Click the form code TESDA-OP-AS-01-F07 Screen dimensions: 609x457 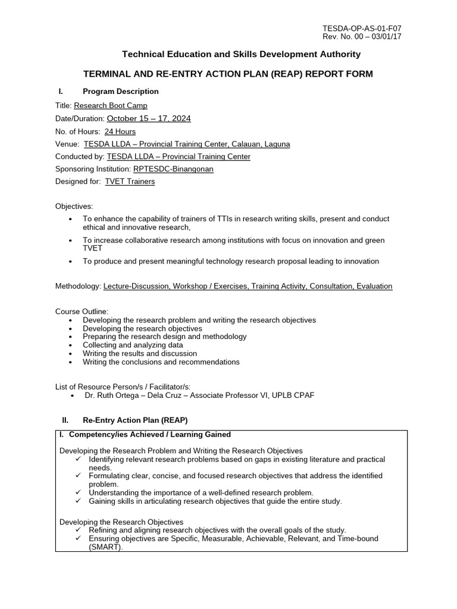click(x=365, y=29)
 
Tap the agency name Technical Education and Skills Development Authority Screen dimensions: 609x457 click(x=241, y=54)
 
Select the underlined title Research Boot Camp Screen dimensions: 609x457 click(x=110, y=105)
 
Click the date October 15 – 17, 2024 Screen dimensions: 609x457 click(x=149, y=118)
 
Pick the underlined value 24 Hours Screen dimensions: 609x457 click(x=120, y=131)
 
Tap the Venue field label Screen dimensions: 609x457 click(x=67, y=144)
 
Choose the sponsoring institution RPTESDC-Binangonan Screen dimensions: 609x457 click(x=173, y=169)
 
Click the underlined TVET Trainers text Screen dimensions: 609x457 click(x=130, y=181)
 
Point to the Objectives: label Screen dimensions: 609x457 click(x=74, y=206)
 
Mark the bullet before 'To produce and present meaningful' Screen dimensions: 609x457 click(x=71, y=262)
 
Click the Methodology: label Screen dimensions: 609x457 click(x=78, y=286)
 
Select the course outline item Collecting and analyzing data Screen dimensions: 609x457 click(x=133, y=345)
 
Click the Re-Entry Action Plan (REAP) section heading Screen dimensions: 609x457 click(x=135, y=420)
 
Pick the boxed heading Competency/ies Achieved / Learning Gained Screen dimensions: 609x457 click(x=149, y=435)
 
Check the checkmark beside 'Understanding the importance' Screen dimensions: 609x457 click(x=79, y=493)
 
